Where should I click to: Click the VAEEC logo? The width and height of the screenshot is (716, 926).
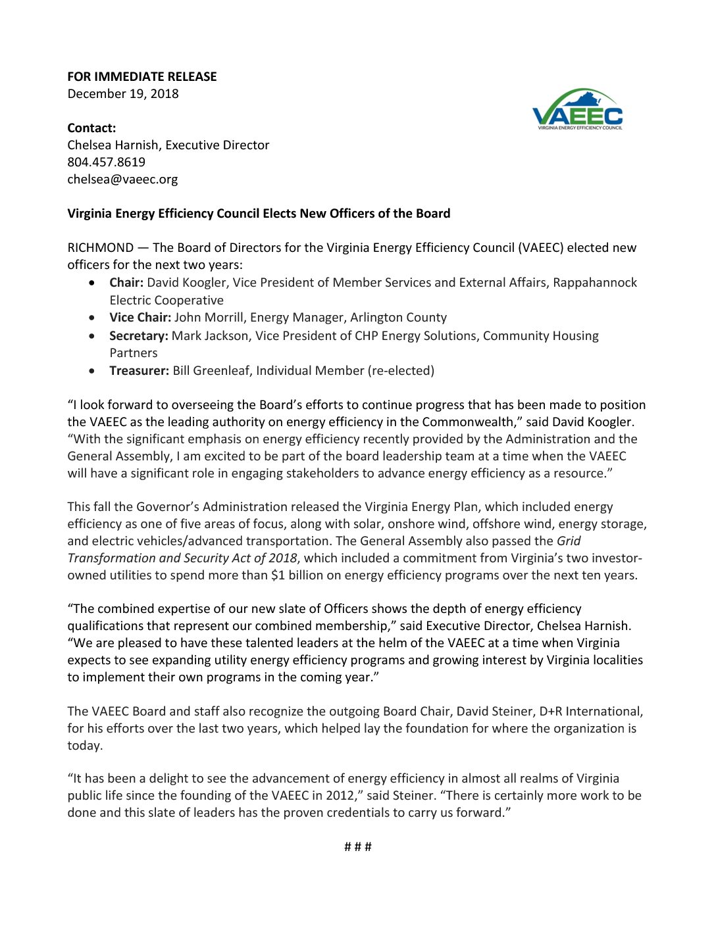point(577,110)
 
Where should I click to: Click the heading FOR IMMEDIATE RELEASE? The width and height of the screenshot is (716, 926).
point(141,76)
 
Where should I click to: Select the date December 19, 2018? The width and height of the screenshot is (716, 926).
point(123,93)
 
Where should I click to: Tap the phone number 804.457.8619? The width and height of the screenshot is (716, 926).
point(106,162)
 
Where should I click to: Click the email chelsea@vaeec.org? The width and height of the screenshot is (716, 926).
point(122,179)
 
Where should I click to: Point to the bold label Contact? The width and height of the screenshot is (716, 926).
point(91,128)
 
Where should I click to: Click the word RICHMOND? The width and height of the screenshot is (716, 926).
point(100,248)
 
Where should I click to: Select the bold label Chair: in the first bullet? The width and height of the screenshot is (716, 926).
point(126,283)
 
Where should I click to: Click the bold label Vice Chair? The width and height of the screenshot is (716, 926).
point(140,318)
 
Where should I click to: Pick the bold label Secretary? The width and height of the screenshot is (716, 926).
point(139,336)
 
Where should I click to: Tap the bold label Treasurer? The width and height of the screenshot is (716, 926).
point(140,371)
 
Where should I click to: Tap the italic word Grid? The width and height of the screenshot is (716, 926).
point(569,541)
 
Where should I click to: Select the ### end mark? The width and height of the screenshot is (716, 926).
point(358,847)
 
